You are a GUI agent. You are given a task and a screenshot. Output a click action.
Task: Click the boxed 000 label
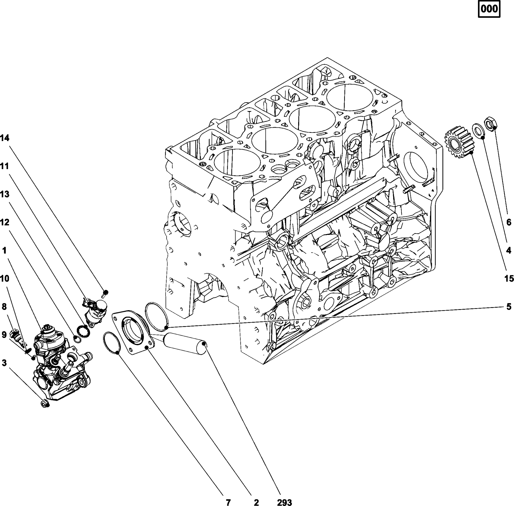point(489,9)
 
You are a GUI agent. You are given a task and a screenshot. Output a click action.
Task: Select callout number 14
point(5,138)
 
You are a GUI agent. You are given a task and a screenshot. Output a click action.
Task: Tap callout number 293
point(284,502)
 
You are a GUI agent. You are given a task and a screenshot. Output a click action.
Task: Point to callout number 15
point(509,279)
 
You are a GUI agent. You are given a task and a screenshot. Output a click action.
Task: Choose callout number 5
point(509,307)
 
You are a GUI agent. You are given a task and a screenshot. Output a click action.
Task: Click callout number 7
point(228,502)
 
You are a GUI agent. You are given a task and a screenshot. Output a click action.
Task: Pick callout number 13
point(5,194)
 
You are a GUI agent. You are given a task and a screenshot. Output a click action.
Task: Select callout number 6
point(509,222)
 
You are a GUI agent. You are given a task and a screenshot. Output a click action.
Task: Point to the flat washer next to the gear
point(479,131)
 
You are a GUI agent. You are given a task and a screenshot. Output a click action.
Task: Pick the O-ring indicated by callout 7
point(112,343)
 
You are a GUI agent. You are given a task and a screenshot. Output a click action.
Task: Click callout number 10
point(5,279)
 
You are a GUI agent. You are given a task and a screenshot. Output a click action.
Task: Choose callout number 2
point(256,502)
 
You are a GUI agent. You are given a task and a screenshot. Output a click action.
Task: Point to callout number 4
point(509,250)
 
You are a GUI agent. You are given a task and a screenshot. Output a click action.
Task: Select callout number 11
point(5,166)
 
